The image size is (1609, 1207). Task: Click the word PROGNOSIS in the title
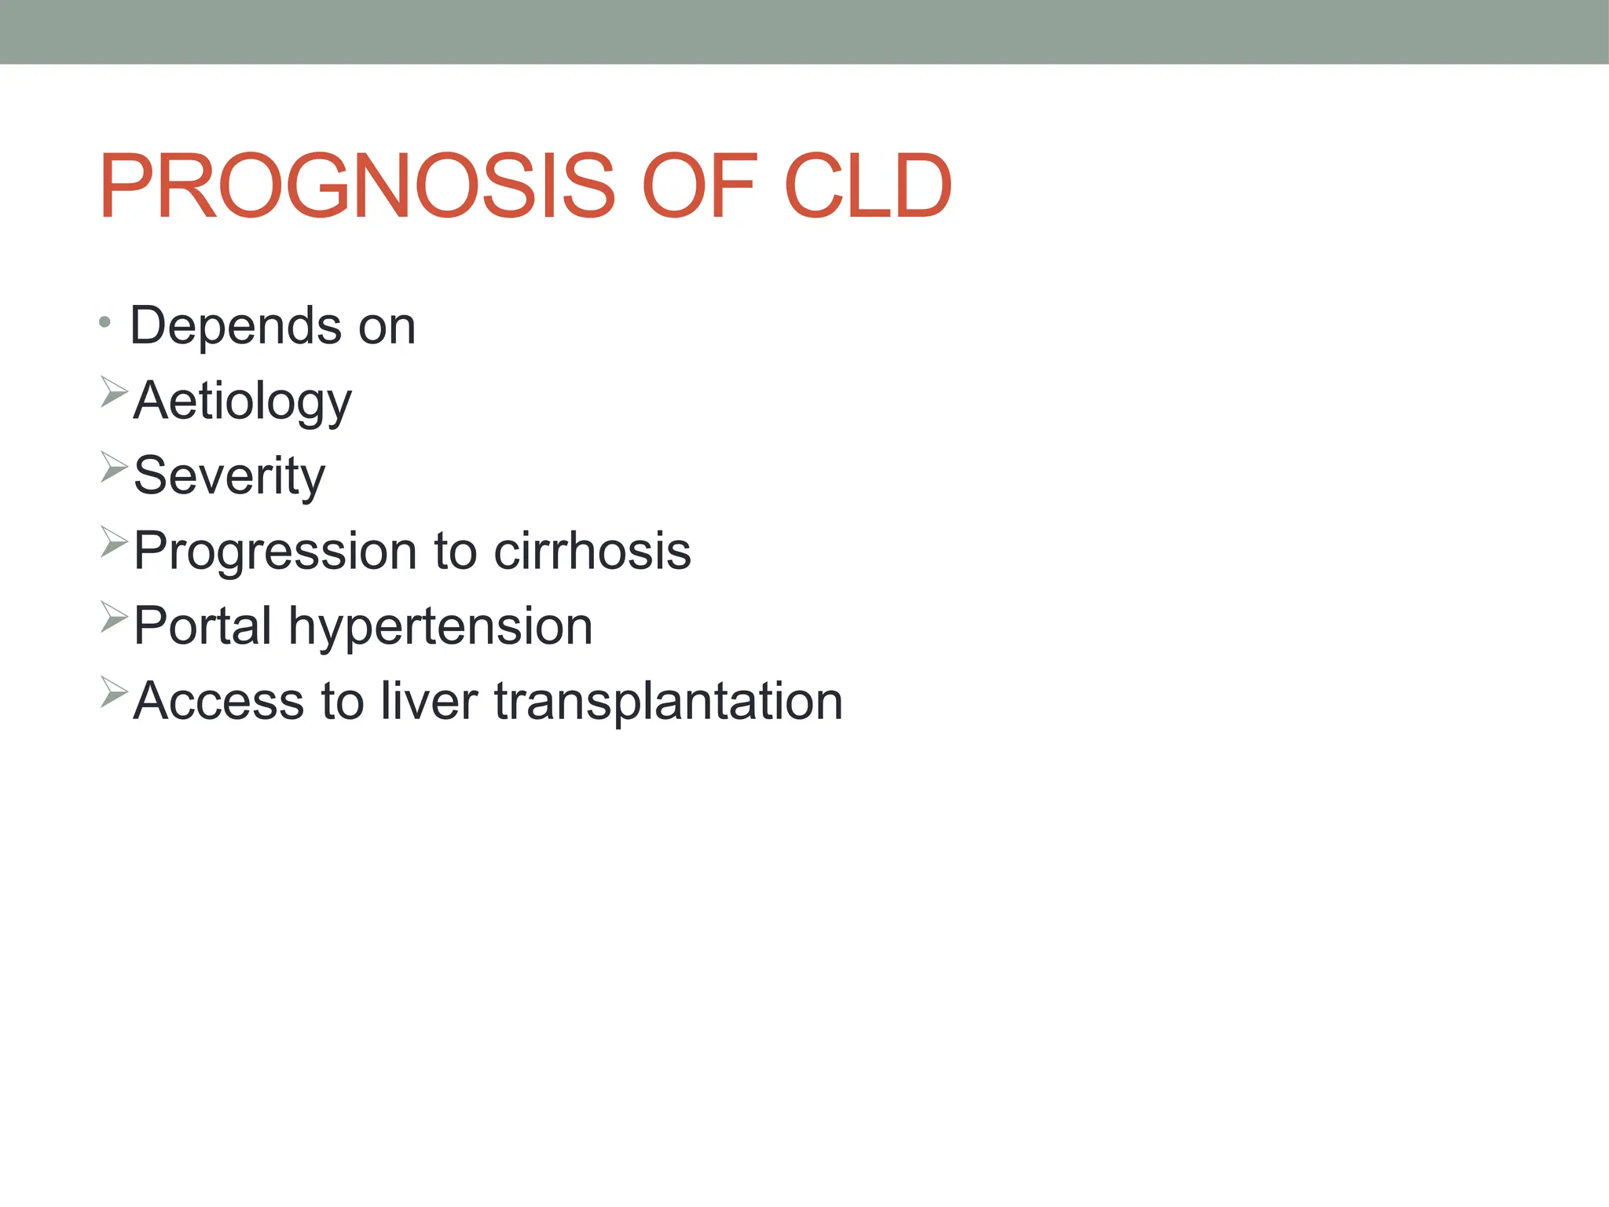click(x=357, y=187)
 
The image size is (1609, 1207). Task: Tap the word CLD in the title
click(x=867, y=187)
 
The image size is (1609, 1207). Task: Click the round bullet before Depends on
click(x=105, y=322)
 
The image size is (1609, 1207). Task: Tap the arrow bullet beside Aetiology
click(x=114, y=391)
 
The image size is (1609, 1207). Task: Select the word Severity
click(x=229, y=476)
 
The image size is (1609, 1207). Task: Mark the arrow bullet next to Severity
click(x=114, y=467)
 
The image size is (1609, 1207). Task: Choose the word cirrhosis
click(x=592, y=550)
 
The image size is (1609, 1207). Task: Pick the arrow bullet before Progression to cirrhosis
click(x=114, y=542)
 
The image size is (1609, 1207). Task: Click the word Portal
click(x=203, y=626)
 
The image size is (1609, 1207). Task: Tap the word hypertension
click(x=441, y=627)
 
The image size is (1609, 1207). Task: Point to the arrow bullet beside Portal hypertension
click(x=114, y=617)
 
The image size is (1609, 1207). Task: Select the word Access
click(x=218, y=701)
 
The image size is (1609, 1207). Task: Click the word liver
click(x=429, y=701)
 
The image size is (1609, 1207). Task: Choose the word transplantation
click(x=669, y=702)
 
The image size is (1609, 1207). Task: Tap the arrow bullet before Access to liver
click(x=114, y=692)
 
